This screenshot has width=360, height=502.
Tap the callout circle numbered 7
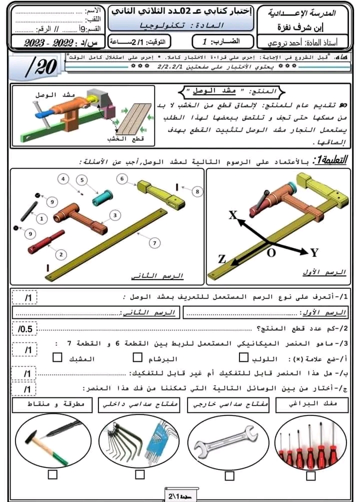pyautogui.click(x=154, y=243)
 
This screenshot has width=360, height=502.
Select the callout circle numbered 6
pyautogui.click(x=122, y=178)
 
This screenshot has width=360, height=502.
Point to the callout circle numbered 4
pyautogui.click(x=63, y=179)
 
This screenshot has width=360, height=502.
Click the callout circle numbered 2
pyautogui.click(x=61, y=254)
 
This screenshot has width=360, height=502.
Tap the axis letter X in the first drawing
pyautogui.click(x=232, y=215)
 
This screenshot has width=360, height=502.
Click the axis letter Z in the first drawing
pyautogui.click(x=221, y=259)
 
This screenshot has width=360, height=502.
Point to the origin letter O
pyautogui.click(x=270, y=253)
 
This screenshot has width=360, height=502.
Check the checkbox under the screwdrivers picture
pyautogui.click(x=310, y=475)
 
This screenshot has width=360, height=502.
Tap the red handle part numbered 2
pyautogui.click(x=46, y=242)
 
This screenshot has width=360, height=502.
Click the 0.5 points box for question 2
pyautogui.click(x=25, y=329)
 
